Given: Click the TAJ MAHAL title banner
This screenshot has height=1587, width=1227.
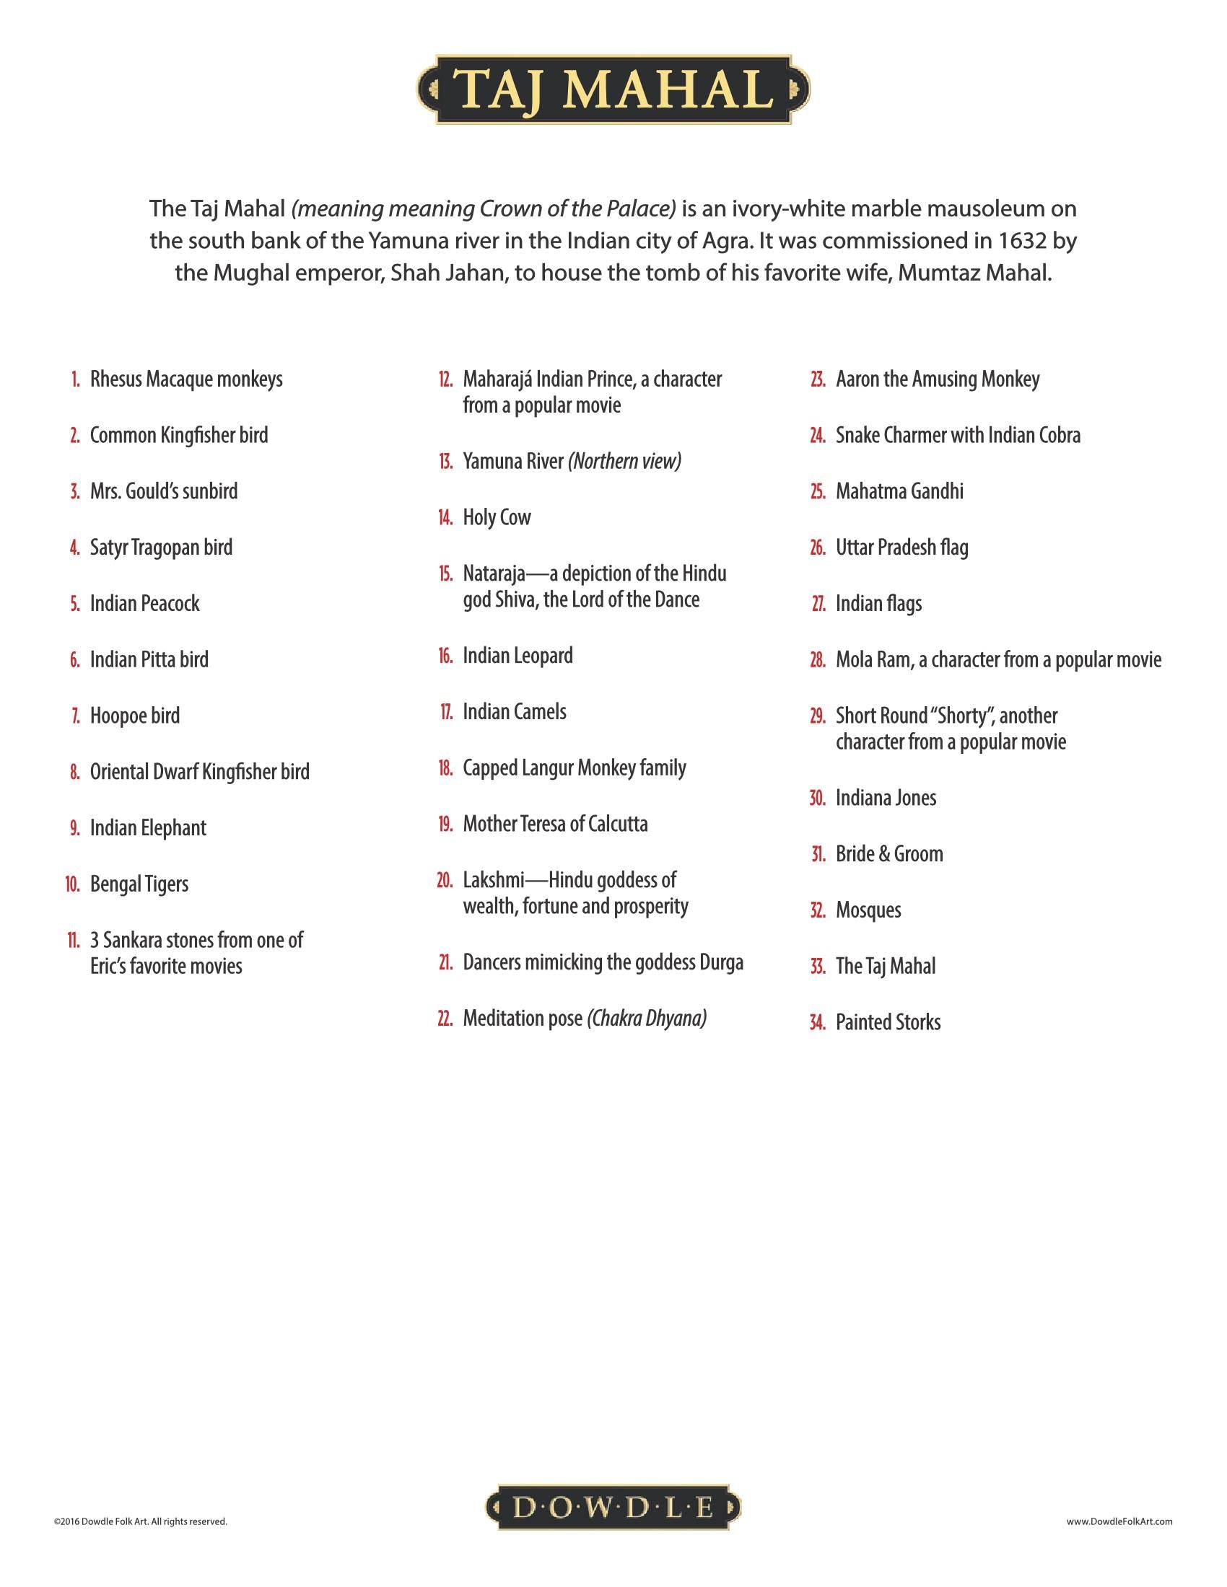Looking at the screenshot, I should (x=613, y=89).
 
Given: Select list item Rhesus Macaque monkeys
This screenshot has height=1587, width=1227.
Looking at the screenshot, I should (x=186, y=379).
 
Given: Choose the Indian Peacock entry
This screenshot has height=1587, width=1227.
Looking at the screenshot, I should (x=144, y=604).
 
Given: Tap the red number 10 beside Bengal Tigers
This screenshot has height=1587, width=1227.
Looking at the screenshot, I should (x=73, y=884).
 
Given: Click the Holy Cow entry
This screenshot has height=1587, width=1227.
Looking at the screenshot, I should (x=497, y=517).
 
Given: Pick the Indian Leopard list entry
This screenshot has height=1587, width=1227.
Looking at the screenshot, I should (x=518, y=656).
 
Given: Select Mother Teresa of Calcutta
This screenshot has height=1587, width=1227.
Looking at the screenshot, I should (x=555, y=824).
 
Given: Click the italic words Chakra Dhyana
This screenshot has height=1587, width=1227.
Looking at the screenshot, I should (x=647, y=1019).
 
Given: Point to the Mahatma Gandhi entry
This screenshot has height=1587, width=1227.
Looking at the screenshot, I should (x=899, y=491).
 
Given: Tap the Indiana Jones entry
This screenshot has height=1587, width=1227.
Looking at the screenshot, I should (x=886, y=798).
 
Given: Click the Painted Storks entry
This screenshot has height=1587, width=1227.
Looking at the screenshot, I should (x=888, y=1022).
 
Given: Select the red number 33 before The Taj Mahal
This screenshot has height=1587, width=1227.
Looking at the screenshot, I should (x=818, y=967).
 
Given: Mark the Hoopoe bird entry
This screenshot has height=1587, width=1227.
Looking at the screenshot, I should (x=134, y=716).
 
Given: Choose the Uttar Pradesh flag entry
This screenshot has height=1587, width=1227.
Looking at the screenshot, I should (x=901, y=548).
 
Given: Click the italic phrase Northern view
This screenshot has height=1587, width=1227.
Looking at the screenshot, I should (x=625, y=462).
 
